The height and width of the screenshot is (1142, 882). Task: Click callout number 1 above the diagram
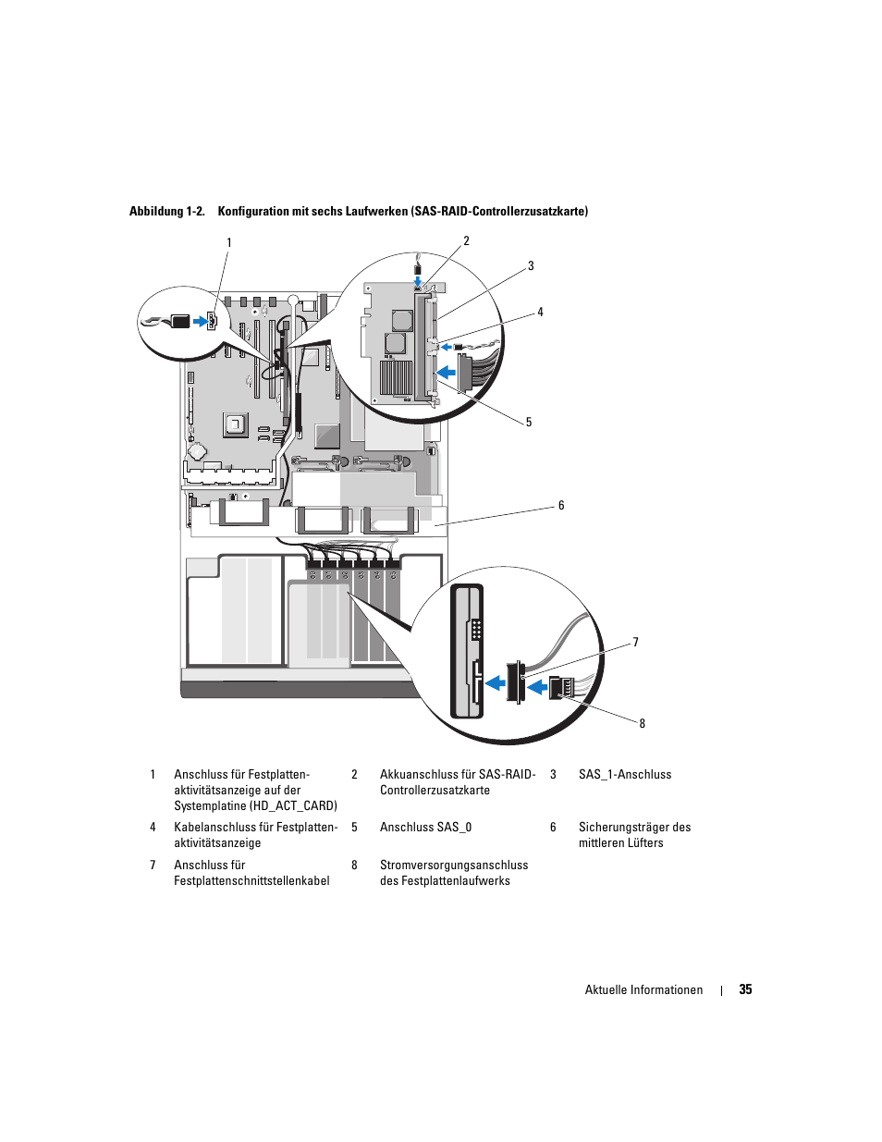click(x=229, y=243)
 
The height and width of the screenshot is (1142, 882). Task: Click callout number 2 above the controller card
click(x=466, y=241)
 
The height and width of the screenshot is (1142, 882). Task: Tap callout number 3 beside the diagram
click(x=531, y=266)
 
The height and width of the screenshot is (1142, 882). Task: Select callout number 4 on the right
click(x=540, y=313)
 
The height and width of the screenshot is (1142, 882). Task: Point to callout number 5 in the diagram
click(x=529, y=423)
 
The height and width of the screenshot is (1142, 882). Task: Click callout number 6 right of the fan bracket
click(x=561, y=506)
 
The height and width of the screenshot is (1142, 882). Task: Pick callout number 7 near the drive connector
click(x=635, y=643)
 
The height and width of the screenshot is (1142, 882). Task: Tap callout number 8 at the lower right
click(x=642, y=724)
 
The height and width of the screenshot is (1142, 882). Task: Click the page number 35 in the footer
click(x=745, y=989)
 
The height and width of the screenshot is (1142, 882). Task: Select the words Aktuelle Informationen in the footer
click(x=643, y=990)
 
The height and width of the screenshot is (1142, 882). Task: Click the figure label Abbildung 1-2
click(x=166, y=212)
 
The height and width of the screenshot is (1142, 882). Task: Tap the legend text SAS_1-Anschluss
click(x=625, y=775)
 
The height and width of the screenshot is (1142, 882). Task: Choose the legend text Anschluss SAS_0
click(x=425, y=828)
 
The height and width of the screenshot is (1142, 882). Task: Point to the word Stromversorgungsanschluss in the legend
click(x=454, y=866)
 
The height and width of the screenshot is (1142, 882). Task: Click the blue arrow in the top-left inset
click(x=200, y=322)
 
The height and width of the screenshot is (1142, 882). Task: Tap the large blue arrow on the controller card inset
click(x=446, y=373)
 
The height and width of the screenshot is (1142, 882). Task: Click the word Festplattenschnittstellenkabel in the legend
click(x=251, y=881)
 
